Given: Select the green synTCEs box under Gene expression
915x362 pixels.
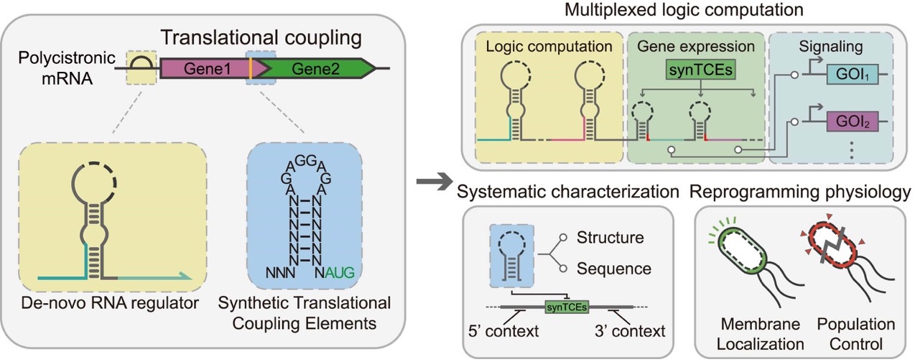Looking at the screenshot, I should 697,73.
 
